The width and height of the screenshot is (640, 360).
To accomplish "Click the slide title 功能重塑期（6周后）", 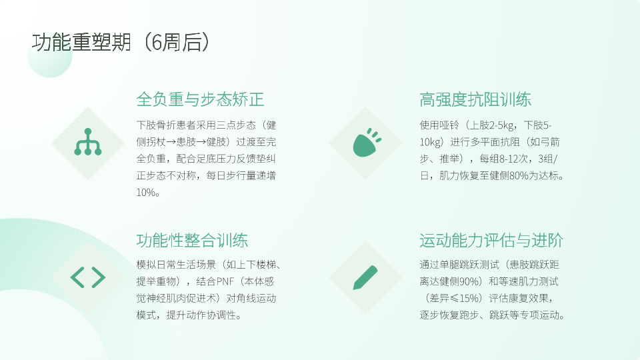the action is tap(121, 42).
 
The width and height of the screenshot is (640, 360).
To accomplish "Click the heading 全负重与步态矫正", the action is tap(200, 99).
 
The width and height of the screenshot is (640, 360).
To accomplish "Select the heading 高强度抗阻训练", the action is tap(475, 99).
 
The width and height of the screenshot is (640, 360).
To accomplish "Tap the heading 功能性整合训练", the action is tap(192, 240).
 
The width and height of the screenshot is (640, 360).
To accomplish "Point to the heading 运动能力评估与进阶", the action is tap(491, 240).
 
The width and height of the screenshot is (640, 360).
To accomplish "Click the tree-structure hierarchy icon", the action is tap(88, 142).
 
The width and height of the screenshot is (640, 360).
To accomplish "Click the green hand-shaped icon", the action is tap(367, 143).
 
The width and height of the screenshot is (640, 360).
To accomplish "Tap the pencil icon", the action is tap(365, 277).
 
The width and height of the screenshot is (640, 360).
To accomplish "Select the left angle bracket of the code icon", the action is tap(77, 277).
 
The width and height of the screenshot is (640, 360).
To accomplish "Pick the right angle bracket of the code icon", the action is tap(99, 277).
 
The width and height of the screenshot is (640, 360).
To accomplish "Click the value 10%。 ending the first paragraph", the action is tap(148, 192).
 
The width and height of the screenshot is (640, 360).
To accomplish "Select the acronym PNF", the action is tap(225, 281).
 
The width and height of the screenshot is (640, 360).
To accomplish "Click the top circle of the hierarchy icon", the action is tap(88, 131).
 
